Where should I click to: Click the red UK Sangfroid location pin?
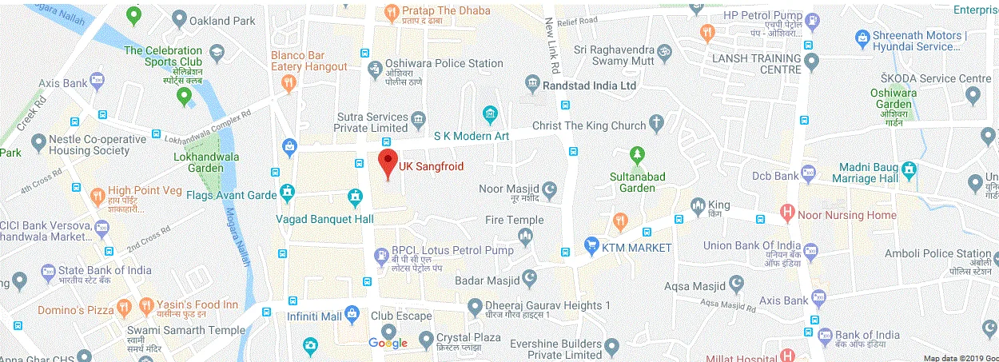388,162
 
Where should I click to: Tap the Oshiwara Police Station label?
444,63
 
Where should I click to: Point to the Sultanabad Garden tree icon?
637,153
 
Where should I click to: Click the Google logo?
388,344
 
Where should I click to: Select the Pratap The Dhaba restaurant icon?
391,12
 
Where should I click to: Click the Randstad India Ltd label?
589,85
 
